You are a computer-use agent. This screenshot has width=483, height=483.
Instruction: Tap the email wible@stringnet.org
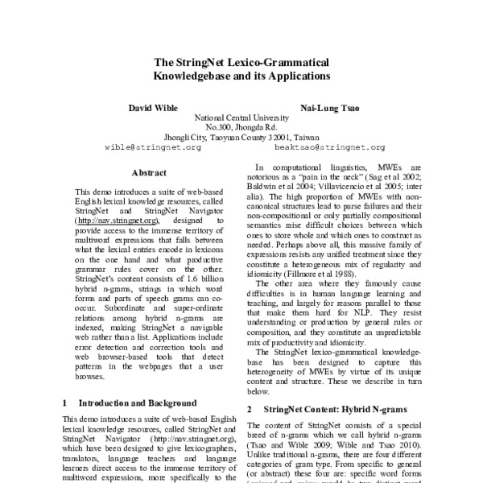[153, 149]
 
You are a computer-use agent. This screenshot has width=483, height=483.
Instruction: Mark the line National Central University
[242, 118]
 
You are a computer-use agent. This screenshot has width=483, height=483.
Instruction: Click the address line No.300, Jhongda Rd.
[242, 127]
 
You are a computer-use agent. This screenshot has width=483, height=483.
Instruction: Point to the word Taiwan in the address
[307, 138]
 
